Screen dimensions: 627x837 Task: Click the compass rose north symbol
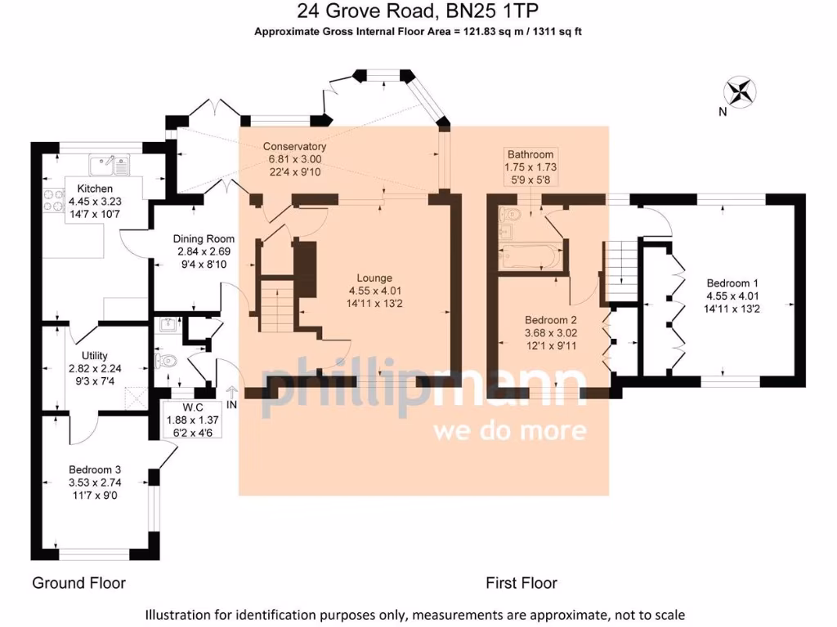pyautogui.click(x=741, y=91)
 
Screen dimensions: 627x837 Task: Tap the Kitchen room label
pyautogui.click(x=84, y=189)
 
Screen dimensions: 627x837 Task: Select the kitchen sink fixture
pyautogui.click(x=108, y=165)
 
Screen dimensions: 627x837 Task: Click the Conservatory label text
pyautogui.click(x=294, y=146)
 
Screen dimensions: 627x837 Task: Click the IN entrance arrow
pyautogui.click(x=231, y=396)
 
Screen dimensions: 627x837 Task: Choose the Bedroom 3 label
pyautogui.click(x=95, y=469)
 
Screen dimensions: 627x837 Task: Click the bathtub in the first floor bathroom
pyautogui.click(x=529, y=259)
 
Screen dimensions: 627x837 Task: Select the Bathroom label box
pyautogui.click(x=530, y=167)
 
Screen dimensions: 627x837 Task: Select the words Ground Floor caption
pyautogui.click(x=78, y=583)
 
